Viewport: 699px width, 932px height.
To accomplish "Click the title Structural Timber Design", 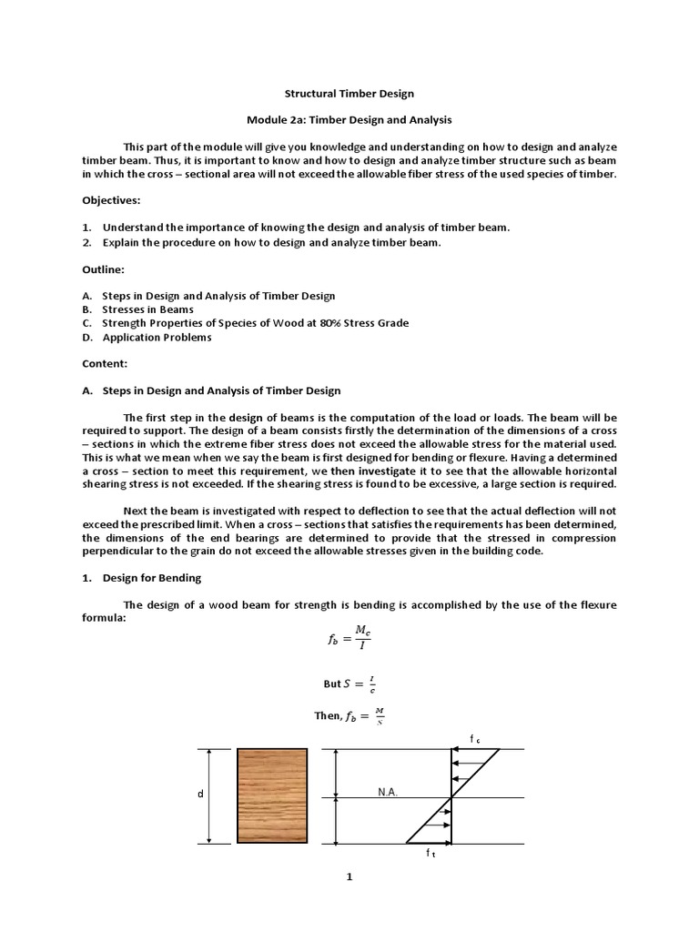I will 349,94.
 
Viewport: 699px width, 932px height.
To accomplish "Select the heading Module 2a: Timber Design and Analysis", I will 349,119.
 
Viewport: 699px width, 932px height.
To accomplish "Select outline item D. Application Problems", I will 147,338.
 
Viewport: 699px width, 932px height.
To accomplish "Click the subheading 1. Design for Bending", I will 142,578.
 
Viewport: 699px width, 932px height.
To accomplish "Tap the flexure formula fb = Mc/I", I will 349,639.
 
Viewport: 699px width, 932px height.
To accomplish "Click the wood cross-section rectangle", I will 271,796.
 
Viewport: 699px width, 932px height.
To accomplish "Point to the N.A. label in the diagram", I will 389,793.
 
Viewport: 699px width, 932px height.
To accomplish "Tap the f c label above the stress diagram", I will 474,740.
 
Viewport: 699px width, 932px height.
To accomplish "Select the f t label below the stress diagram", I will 431,854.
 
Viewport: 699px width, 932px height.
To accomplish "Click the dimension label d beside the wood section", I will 198,795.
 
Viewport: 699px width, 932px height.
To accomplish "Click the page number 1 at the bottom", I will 349,877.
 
